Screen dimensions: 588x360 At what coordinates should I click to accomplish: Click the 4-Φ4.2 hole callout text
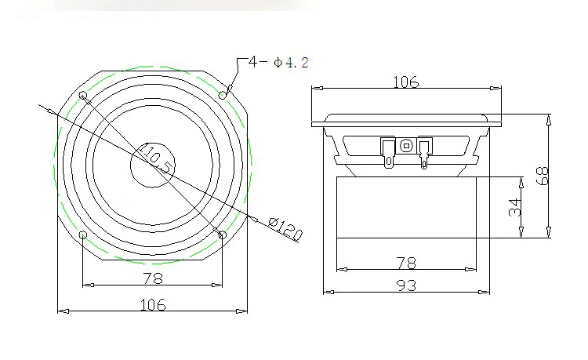click(x=278, y=62)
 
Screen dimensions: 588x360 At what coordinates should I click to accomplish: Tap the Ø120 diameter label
click(x=285, y=229)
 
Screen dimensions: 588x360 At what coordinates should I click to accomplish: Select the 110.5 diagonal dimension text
click(x=157, y=158)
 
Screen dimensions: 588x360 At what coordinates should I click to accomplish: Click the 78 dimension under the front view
click(x=153, y=278)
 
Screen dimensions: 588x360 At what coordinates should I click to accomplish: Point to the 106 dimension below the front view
click(x=153, y=304)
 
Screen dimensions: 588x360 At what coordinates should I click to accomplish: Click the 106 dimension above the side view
click(x=406, y=82)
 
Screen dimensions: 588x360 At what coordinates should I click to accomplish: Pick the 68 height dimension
click(x=543, y=176)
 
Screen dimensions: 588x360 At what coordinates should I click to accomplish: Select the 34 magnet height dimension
click(x=515, y=207)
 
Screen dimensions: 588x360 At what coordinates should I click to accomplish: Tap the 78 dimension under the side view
click(x=406, y=264)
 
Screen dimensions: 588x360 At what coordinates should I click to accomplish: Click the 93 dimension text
click(x=406, y=285)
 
